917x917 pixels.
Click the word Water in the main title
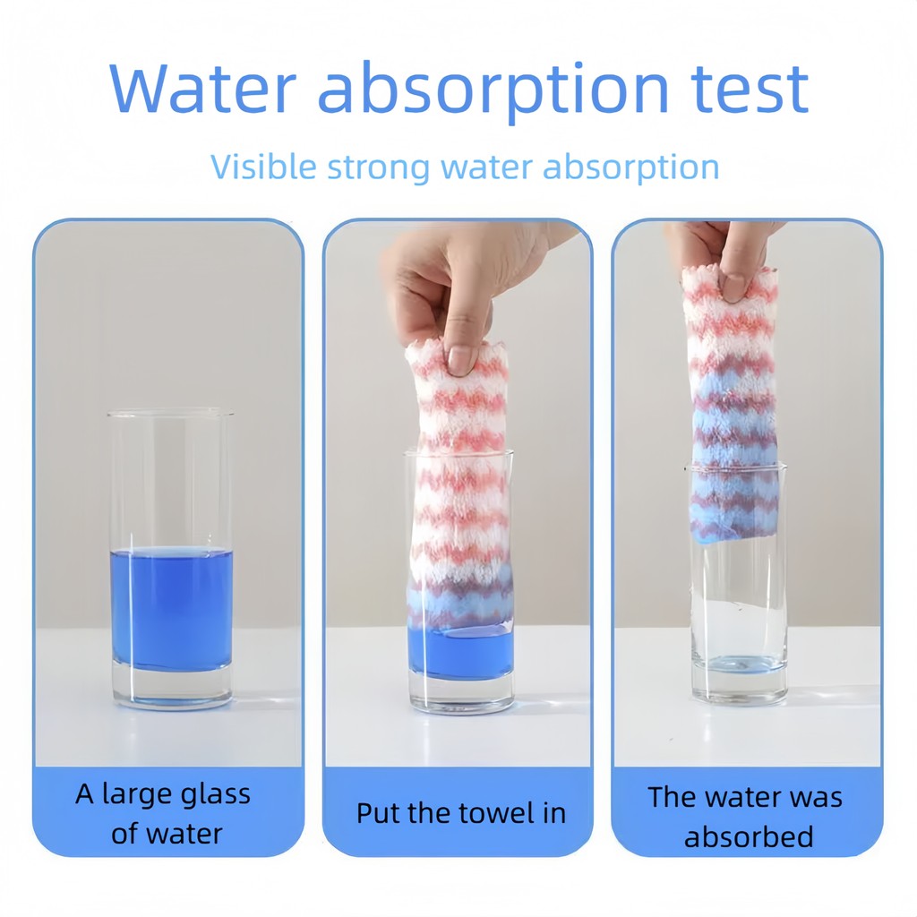click(202, 89)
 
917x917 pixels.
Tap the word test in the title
click(750, 89)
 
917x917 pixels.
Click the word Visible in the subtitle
click(263, 167)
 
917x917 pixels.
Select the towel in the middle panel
click(460, 485)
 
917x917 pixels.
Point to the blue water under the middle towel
click(461, 652)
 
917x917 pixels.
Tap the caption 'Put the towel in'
click(461, 813)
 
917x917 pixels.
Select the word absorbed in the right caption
click(749, 836)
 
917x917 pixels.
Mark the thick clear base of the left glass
click(171, 687)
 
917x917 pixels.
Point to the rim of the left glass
click(170, 413)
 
